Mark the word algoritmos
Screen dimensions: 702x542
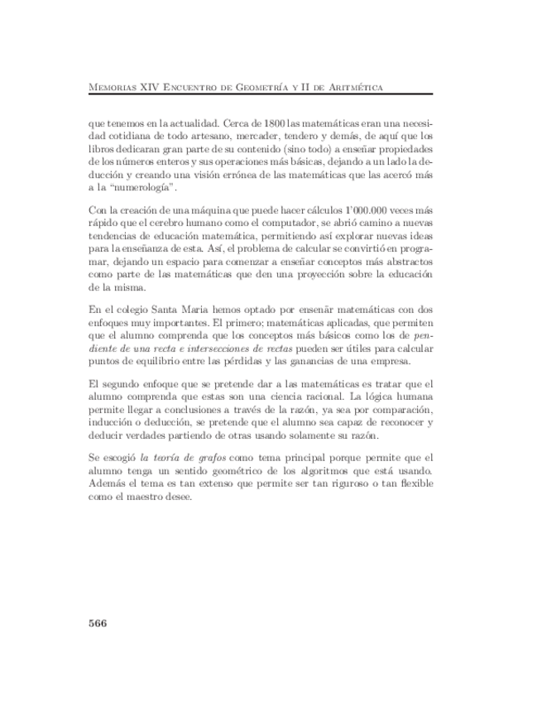pyautogui.click(x=300, y=471)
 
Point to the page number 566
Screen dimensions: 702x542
pyautogui.click(x=98, y=623)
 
